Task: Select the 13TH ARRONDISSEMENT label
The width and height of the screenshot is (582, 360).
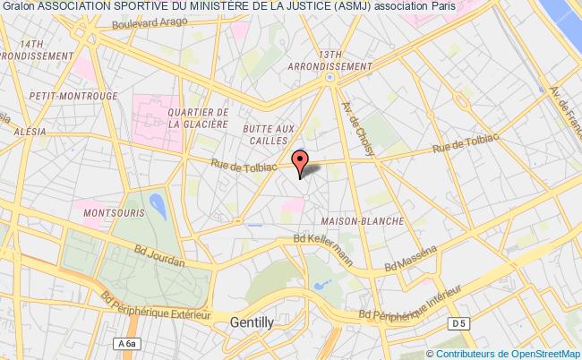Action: [x=330, y=60]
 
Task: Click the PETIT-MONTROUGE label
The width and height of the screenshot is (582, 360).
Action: [x=62, y=92]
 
